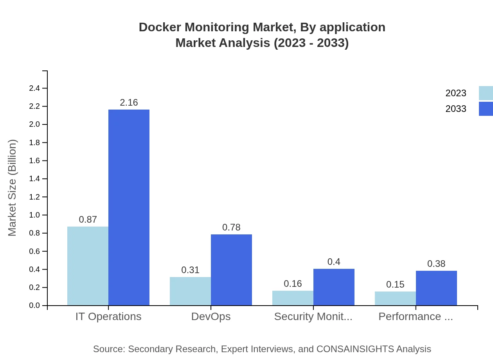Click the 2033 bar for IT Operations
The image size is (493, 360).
pyautogui.click(x=129, y=207)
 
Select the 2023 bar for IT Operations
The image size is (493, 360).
pyautogui.click(x=88, y=266)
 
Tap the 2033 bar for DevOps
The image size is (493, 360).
pyautogui.click(x=231, y=270)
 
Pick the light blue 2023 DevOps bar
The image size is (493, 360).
pyautogui.click(x=190, y=291)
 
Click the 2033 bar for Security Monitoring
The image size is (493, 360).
pyautogui.click(x=334, y=287)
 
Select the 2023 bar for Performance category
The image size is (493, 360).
pyautogui.click(x=395, y=299)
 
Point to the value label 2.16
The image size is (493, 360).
pyautogui.click(x=129, y=103)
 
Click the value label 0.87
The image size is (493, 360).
pyautogui.click(x=88, y=220)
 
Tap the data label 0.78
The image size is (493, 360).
pyautogui.click(x=231, y=227)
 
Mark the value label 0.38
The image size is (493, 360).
pyautogui.click(x=436, y=264)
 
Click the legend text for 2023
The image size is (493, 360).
pyautogui.click(x=456, y=93)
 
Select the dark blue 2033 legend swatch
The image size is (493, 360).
pyautogui.click(x=486, y=109)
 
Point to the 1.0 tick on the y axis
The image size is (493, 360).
pyautogui.click(x=34, y=215)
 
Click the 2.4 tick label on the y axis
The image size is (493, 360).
pyautogui.click(x=34, y=88)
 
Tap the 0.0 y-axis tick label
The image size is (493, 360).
pyautogui.click(x=34, y=306)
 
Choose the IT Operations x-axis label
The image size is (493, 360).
pyautogui.click(x=108, y=317)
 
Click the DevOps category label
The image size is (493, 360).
pyautogui.click(x=211, y=317)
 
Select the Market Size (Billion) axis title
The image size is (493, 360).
pyautogui.click(x=13, y=188)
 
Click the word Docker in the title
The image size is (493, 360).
pyautogui.click(x=159, y=27)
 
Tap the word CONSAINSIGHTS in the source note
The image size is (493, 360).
pyautogui.click(x=355, y=349)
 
